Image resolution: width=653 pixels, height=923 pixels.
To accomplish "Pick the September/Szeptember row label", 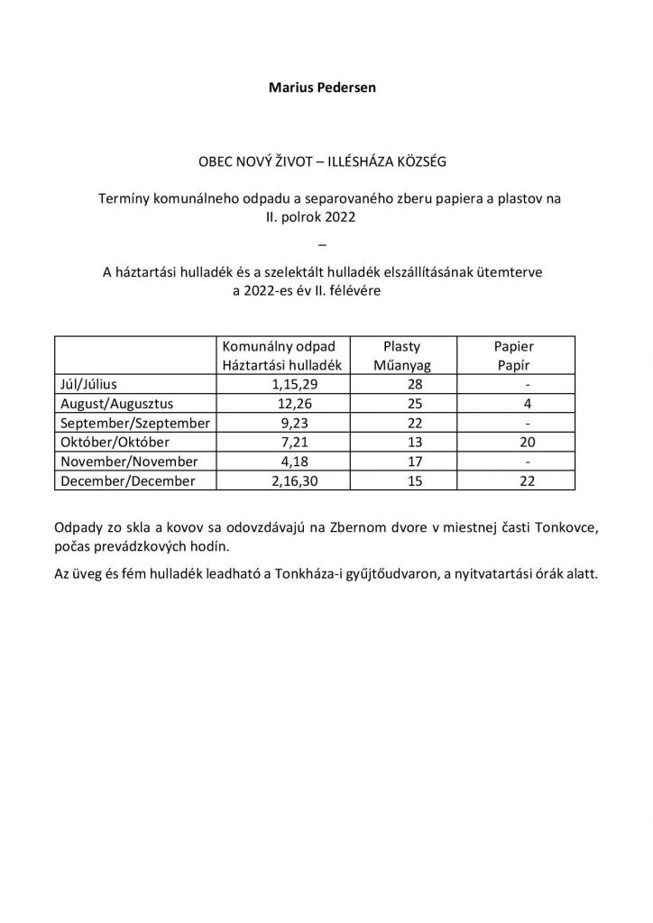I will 134,424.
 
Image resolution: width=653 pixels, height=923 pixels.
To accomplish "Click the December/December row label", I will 127,481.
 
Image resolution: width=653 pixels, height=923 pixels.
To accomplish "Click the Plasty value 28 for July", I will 402,384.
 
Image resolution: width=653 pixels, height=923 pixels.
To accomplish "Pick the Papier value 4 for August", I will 527,404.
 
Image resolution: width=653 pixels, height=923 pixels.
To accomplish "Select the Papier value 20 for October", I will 527,443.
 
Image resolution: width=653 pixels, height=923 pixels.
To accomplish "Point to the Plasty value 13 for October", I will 402,443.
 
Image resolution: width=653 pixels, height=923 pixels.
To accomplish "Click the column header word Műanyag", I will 402,364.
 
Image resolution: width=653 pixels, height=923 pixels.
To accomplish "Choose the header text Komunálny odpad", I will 280,346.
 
